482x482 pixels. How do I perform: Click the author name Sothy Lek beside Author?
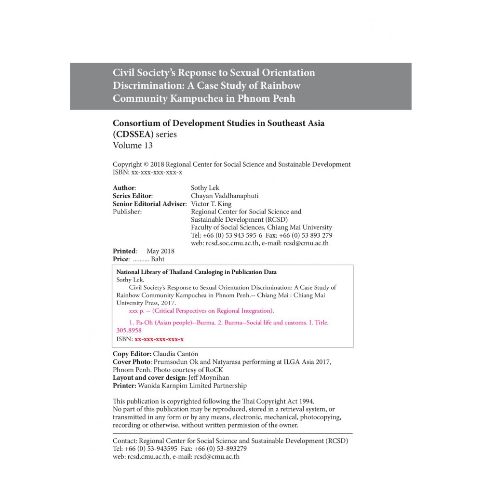point(206,187)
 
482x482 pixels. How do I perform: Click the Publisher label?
point(127,212)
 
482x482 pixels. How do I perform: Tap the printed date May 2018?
point(161,251)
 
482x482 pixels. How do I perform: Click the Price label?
point(121,259)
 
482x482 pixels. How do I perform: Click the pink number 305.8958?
point(129,331)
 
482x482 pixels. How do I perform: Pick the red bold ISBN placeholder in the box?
point(159,339)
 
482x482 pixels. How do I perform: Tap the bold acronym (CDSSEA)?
point(133,134)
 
